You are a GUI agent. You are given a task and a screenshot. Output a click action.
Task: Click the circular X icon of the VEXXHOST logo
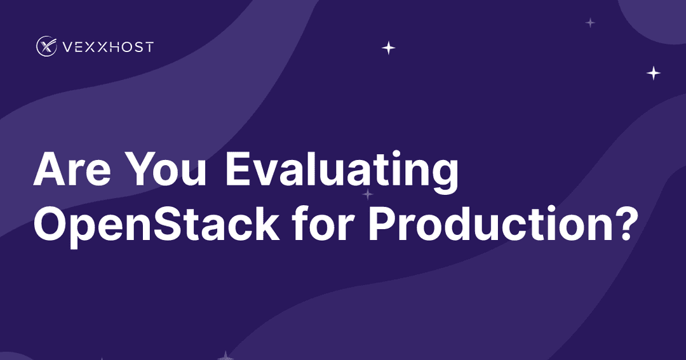[x=46, y=46]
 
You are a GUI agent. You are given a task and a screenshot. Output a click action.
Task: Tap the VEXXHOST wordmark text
[x=108, y=47]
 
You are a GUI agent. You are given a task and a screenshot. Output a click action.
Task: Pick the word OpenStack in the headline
[x=156, y=223]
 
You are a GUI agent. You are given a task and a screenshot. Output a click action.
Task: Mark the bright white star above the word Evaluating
[x=388, y=48]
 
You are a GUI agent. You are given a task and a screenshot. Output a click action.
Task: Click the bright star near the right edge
[x=654, y=73]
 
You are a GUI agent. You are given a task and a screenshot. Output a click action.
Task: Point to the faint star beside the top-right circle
[x=590, y=23]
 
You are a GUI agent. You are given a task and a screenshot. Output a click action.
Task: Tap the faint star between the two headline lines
[x=367, y=194]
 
